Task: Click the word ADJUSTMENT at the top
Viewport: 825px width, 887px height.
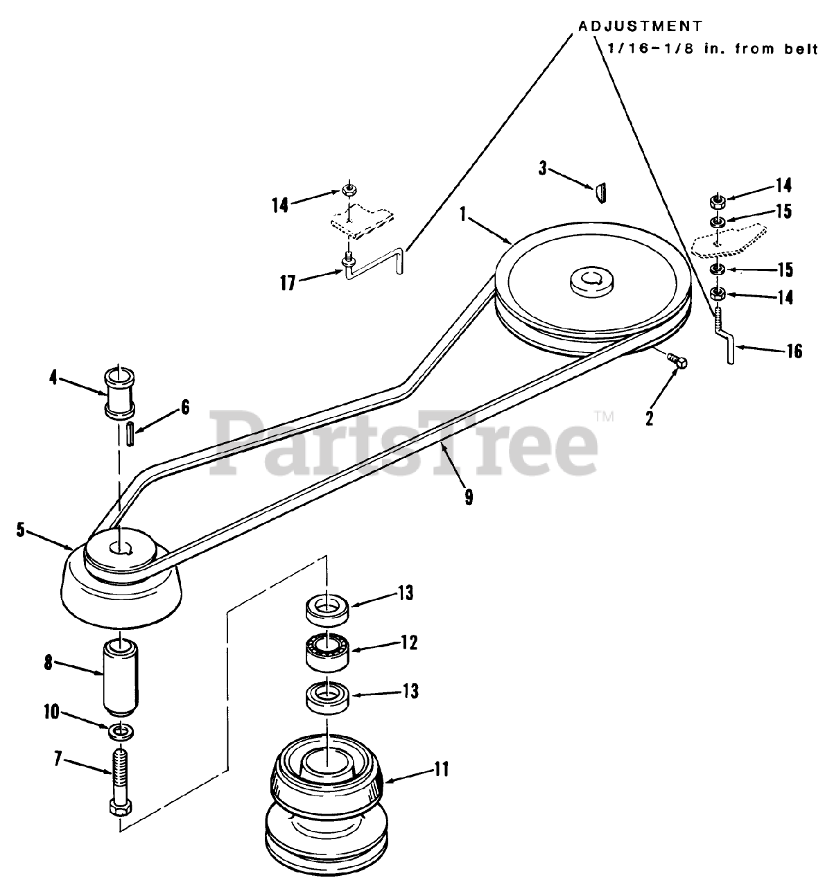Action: [640, 26]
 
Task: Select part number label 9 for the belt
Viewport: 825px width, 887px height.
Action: [469, 497]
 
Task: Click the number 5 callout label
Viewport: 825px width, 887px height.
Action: [21, 531]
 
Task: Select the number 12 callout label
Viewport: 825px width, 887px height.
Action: [408, 642]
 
